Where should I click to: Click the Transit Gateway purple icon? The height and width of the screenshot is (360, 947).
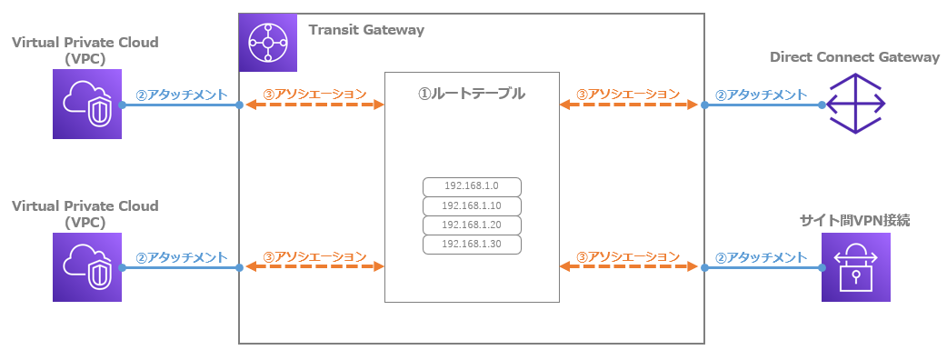point(267,42)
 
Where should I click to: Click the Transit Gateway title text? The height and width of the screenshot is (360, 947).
point(366,30)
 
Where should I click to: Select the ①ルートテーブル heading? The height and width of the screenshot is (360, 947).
point(471,93)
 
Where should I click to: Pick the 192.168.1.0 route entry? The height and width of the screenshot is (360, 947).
point(472,186)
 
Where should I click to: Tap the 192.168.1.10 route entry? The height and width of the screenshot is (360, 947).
point(472,205)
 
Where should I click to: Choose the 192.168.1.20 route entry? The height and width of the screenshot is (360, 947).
point(472,225)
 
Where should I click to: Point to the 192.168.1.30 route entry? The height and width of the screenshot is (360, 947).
point(472,244)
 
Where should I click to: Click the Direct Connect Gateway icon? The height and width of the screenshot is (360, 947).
point(856,105)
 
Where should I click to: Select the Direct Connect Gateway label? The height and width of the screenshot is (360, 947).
point(854,57)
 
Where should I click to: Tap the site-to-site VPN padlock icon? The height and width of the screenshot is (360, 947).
point(856,266)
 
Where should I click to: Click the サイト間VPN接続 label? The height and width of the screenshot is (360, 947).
point(854,220)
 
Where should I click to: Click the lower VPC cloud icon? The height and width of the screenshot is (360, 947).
point(87,266)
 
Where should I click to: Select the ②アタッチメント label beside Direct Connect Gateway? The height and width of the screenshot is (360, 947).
point(762,94)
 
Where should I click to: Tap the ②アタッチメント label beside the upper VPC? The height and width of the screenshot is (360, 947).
point(181,94)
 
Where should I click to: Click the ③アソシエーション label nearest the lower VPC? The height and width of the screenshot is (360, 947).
point(314,256)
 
